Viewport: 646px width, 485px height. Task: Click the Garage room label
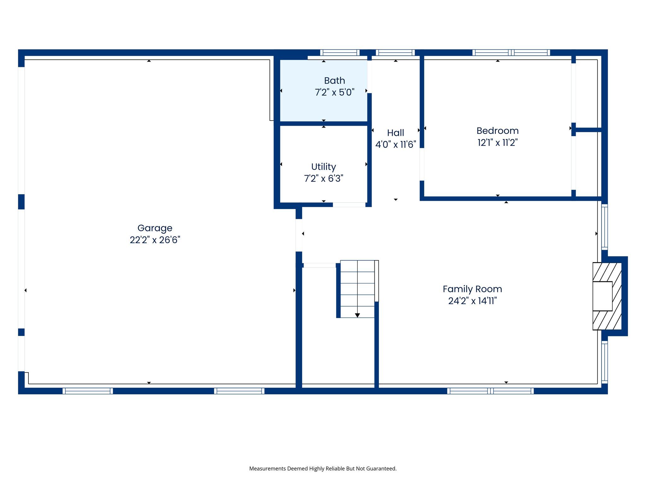click(155, 228)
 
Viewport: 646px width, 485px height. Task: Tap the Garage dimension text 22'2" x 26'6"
click(155, 240)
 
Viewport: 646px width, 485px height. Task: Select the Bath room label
click(334, 81)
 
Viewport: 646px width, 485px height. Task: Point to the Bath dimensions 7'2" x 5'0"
click(334, 93)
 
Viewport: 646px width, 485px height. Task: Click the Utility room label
click(323, 167)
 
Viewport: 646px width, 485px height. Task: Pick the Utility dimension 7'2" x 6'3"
click(323, 179)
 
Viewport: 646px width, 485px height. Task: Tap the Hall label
click(396, 133)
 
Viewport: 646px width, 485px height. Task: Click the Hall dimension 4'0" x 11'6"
click(396, 145)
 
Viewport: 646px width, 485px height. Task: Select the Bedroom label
click(497, 131)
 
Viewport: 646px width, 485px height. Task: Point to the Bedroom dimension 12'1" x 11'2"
click(497, 143)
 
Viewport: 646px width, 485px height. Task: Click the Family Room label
click(472, 289)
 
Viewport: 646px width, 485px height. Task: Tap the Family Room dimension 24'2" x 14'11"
click(472, 301)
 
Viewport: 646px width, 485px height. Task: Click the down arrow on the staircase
click(357, 315)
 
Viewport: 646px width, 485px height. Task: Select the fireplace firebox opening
click(602, 296)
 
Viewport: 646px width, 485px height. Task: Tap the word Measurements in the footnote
click(267, 469)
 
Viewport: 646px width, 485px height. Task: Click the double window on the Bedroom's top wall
click(511, 53)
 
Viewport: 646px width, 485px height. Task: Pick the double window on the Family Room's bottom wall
click(490, 391)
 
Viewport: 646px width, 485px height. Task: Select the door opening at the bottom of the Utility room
click(349, 205)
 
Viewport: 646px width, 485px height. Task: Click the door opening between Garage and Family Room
click(299, 235)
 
